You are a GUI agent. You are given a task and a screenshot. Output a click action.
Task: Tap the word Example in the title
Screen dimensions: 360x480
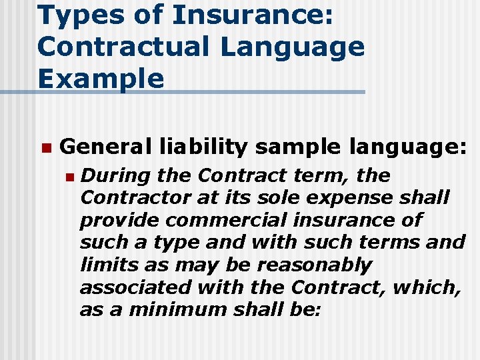[x=101, y=78]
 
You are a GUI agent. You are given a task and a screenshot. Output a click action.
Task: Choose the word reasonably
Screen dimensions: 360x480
[x=314, y=265]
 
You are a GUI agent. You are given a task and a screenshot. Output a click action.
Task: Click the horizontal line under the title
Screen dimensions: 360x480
[x=200, y=92]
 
